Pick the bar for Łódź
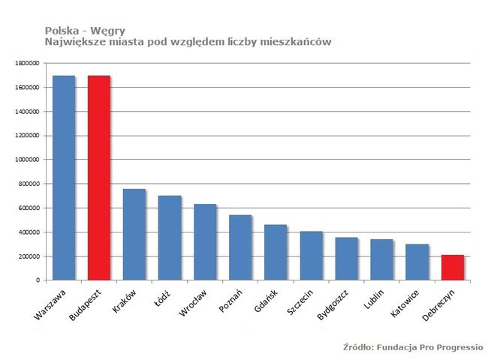click(170, 238)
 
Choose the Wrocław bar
click(206, 241)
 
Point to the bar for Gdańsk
click(276, 252)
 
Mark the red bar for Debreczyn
click(452, 267)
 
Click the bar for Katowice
click(417, 262)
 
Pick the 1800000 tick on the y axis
click(28, 64)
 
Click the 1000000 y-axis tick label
click(28, 160)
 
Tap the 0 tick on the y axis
click(38, 280)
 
